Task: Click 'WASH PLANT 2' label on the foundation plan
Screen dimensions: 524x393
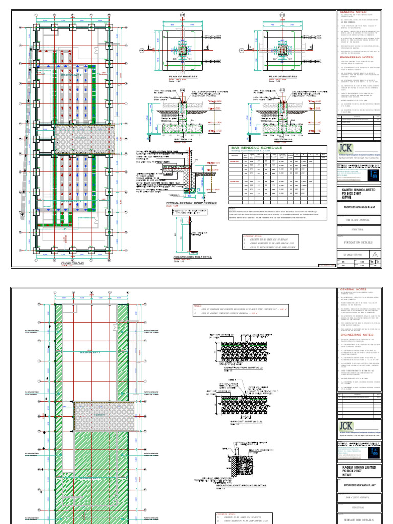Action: (x=72, y=75)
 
